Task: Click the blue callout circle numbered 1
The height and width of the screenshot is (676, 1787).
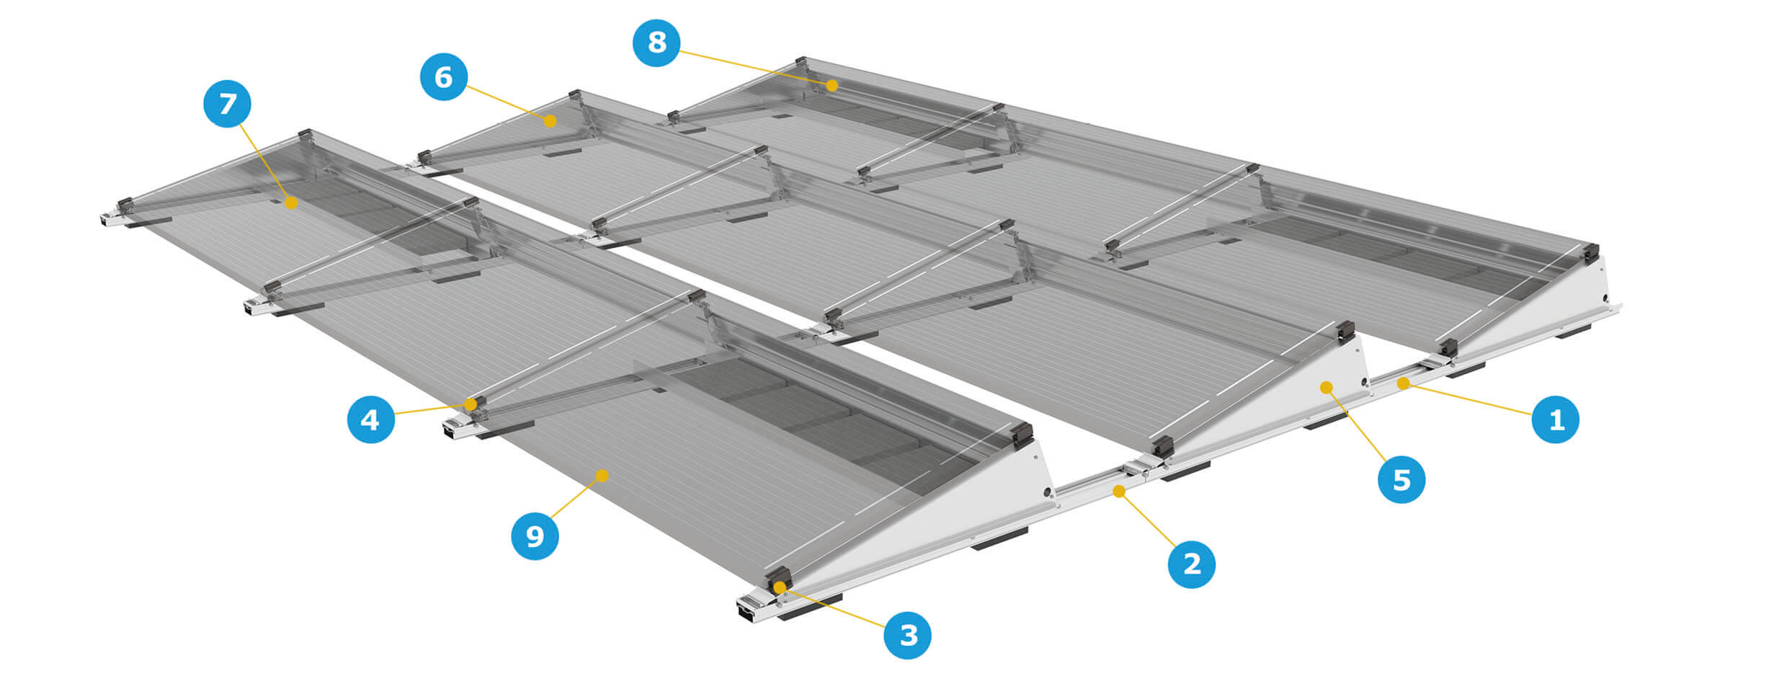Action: [x=1555, y=419]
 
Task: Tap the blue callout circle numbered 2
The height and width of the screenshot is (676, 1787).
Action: [x=1191, y=564]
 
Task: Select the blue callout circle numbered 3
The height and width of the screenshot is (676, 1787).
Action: [x=908, y=635]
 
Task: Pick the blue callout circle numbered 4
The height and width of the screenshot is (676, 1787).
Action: [x=370, y=419]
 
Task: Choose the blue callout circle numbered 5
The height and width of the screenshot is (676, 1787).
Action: [x=1401, y=479]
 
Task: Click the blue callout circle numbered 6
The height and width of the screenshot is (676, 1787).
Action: [x=443, y=76]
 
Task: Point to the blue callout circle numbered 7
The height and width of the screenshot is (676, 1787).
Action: [x=227, y=104]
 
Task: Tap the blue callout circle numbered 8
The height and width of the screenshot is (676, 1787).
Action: [x=656, y=43]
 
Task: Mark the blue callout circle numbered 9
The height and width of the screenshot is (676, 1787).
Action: [x=535, y=535]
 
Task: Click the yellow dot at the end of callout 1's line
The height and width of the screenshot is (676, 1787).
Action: [x=1402, y=383]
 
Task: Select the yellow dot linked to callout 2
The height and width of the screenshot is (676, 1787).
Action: [x=1119, y=492]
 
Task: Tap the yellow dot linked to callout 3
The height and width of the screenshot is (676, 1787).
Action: [x=779, y=587]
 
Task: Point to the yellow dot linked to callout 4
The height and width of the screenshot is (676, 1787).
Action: [x=471, y=404]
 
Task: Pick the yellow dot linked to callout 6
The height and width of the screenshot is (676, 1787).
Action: [x=550, y=120]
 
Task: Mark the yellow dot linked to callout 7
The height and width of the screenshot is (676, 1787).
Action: [x=290, y=203]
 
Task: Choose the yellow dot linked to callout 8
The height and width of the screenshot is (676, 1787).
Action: [x=832, y=86]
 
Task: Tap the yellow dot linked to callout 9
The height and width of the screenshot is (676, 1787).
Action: [x=602, y=474]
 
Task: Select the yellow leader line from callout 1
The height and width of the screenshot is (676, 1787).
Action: [x=1467, y=399]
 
